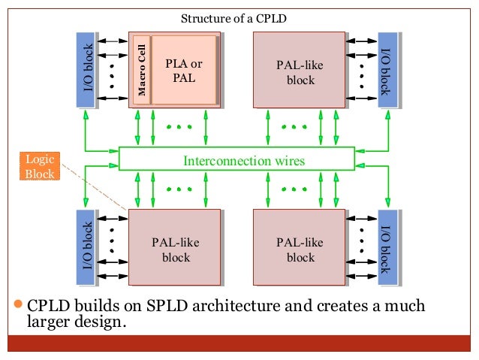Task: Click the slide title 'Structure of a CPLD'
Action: [233, 18]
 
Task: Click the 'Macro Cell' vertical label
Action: [140, 70]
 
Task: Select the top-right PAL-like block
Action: [300, 70]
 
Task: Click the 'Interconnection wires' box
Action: [236, 160]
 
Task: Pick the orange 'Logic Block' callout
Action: [37, 166]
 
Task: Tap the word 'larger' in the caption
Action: [50, 325]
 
